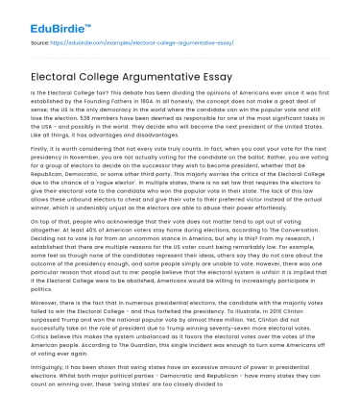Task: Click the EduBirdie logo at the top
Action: tap(48, 21)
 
